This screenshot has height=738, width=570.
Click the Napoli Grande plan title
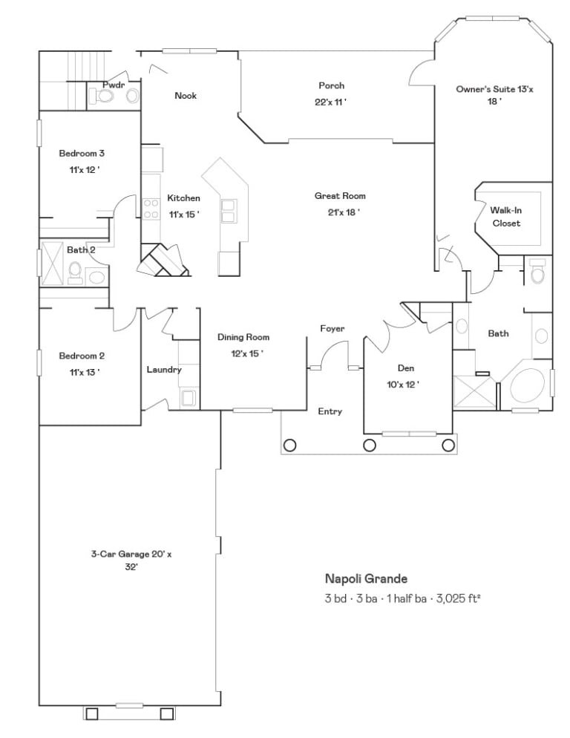[366, 578]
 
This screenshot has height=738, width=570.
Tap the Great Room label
[340, 196]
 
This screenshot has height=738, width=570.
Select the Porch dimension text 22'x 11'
[331, 102]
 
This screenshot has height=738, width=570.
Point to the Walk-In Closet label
[506, 217]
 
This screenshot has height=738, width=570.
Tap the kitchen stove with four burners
[151, 209]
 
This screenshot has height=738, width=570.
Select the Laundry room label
[164, 370]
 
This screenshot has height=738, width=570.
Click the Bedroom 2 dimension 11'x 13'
[85, 372]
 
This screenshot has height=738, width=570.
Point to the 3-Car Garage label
[131, 560]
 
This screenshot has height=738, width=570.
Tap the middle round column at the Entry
[370, 445]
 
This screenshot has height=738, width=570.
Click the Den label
[406, 368]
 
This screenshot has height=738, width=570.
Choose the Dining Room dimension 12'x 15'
[247, 353]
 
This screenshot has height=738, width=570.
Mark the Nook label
[186, 96]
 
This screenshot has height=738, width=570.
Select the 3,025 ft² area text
[459, 598]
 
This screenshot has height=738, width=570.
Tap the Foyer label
[332, 328]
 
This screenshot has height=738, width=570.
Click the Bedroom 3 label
[82, 154]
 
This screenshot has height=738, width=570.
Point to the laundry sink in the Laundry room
[189, 397]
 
